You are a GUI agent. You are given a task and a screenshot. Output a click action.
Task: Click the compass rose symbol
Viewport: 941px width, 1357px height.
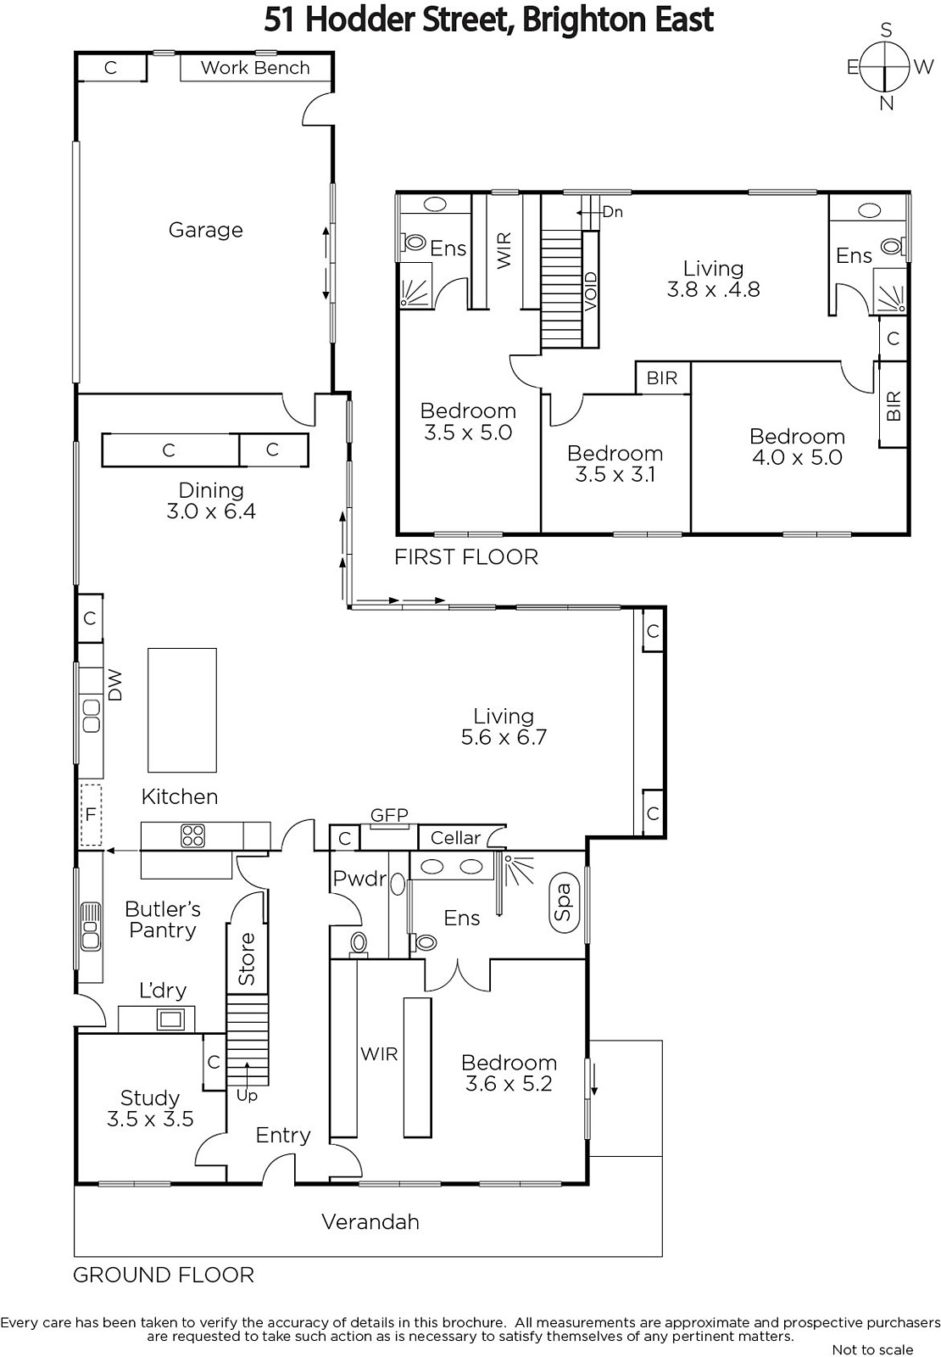coord(886,66)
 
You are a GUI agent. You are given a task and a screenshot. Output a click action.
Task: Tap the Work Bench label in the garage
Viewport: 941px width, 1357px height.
coord(255,68)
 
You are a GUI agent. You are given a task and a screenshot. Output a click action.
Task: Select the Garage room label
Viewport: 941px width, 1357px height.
coord(205,230)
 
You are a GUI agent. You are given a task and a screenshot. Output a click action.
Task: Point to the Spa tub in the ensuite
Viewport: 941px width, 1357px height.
coord(564,902)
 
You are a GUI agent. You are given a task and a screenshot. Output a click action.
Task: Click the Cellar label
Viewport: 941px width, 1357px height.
coord(455,838)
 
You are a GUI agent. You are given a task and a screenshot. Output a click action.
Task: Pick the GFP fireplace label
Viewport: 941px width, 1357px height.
coord(389,815)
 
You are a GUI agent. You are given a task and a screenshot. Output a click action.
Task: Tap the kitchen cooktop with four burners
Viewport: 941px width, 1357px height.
coord(192,836)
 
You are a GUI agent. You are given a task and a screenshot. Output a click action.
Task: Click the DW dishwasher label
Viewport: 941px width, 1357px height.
coord(114,685)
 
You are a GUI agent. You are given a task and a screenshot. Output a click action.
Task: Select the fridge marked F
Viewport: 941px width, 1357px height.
coord(91,815)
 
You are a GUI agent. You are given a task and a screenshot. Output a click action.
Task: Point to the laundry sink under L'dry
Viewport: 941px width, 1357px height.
coord(170,1019)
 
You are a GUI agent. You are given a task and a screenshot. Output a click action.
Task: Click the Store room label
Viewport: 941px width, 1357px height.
coord(247,958)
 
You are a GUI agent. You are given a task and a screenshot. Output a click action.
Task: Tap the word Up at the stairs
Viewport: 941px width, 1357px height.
coord(247,1095)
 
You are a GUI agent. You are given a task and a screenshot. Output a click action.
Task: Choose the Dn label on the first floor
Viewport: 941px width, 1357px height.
coord(612,212)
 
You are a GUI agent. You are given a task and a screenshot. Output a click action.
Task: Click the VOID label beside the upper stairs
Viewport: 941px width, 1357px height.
coord(591,292)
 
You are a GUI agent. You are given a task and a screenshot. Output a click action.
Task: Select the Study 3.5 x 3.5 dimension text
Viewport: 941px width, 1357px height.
coord(150,1119)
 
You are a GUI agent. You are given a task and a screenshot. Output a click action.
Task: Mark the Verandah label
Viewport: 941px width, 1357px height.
coord(370,1222)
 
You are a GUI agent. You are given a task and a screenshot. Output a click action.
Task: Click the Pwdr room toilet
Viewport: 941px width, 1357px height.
coord(359,943)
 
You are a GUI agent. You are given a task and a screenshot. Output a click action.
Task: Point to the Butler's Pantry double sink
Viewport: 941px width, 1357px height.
coord(91,926)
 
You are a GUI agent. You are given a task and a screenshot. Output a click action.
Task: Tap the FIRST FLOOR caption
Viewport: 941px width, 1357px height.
coord(466,556)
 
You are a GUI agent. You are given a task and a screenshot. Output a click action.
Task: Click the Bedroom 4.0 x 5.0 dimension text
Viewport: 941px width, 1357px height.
coord(797,457)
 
